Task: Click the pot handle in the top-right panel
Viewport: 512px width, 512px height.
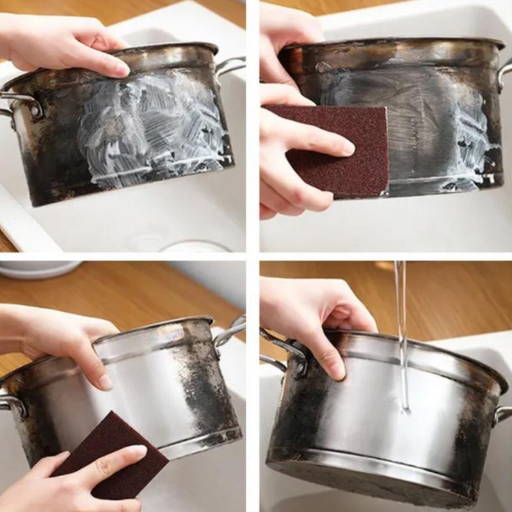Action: pos(504,74)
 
